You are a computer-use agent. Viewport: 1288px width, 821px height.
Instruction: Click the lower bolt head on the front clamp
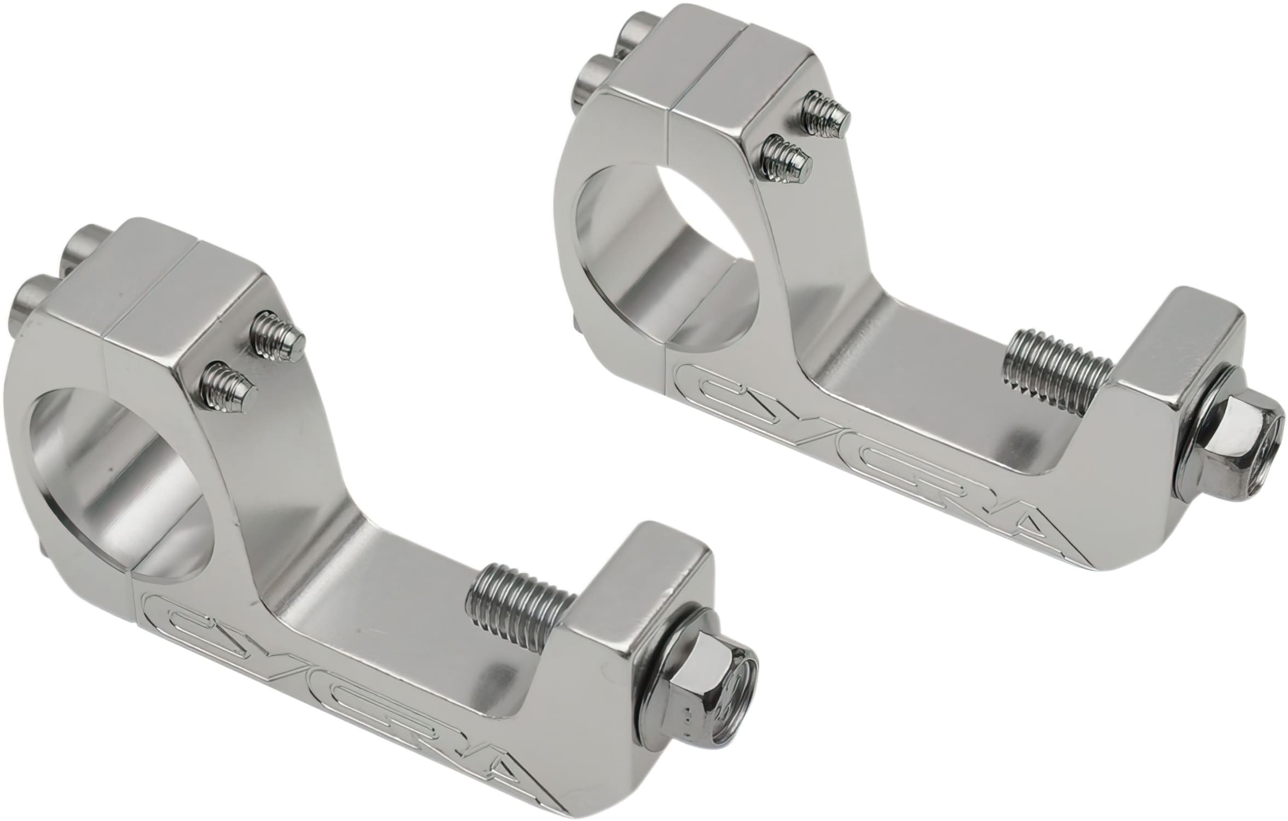tap(33, 298)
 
